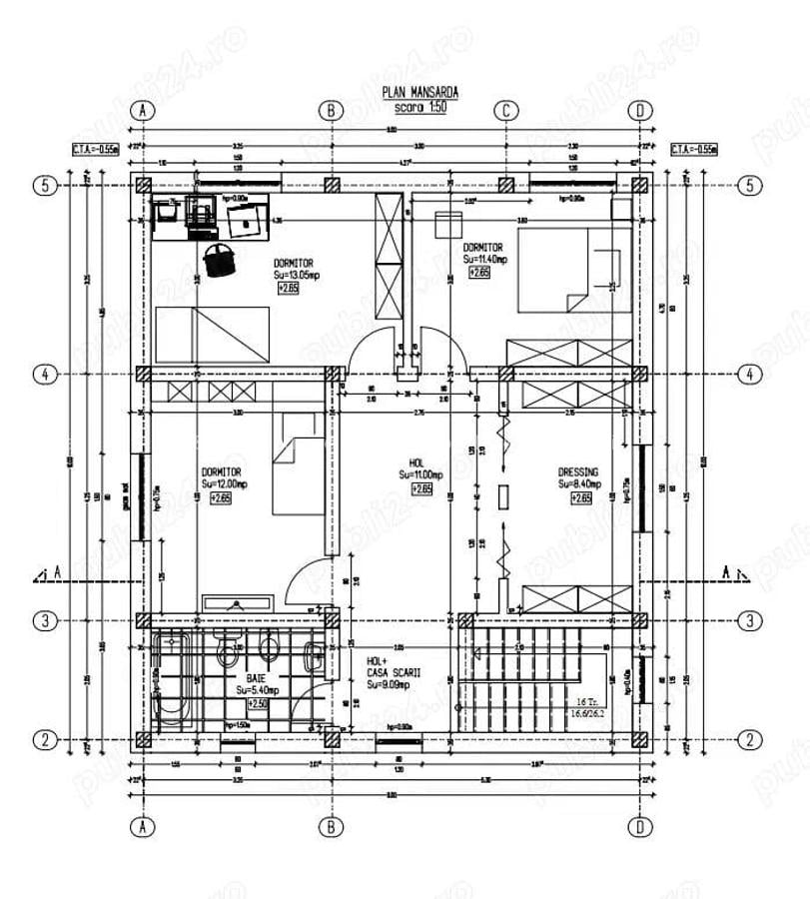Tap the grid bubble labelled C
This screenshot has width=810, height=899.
click(506, 110)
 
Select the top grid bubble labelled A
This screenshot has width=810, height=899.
click(144, 110)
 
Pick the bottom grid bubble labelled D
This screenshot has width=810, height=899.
click(639, 827)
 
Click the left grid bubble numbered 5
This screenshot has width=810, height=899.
click(44, 185)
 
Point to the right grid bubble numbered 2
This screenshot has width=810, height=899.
click(749, 740)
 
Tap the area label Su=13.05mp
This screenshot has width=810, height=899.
click(297, 275)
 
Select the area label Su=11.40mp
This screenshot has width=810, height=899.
click(485, 258)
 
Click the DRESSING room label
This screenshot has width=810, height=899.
click(578, 472)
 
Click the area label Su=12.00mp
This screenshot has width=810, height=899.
click(223, 483)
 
